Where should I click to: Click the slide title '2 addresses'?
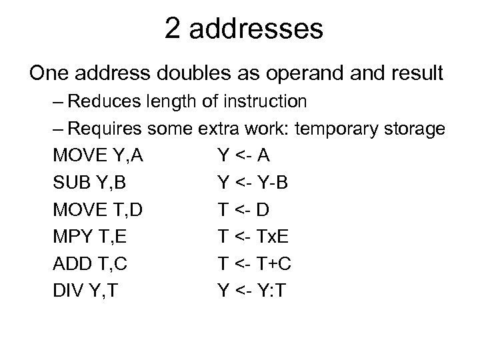coord(244,30)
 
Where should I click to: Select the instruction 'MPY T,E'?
coord(95,237)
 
